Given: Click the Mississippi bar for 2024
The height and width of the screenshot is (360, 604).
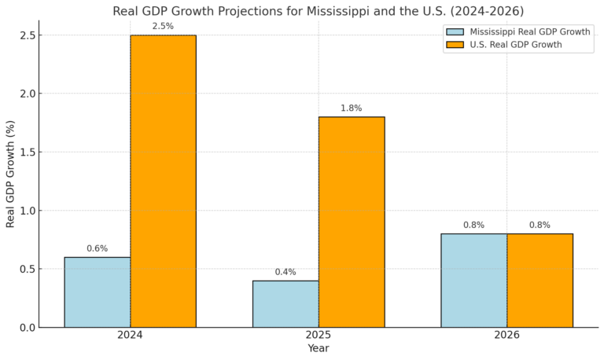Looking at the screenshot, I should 97,292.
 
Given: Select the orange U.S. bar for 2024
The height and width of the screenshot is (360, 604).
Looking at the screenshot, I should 163,181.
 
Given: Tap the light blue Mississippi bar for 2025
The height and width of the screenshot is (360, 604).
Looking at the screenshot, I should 285,303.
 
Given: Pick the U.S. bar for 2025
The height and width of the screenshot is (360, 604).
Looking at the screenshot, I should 352,222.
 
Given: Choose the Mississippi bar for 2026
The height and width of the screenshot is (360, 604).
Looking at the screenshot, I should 473,280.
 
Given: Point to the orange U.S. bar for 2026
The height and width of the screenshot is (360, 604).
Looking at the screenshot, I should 540,280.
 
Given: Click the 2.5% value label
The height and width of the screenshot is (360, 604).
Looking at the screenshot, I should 163,27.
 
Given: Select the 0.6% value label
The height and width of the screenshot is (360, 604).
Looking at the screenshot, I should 97,248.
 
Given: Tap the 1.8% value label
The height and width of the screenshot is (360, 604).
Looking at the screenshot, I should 352,108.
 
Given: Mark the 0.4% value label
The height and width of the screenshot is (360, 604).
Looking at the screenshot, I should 285,272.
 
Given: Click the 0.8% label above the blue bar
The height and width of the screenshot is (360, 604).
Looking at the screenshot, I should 473,225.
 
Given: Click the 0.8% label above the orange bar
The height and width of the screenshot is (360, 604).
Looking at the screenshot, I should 540,225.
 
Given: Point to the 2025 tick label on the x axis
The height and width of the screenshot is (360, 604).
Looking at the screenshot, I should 319,335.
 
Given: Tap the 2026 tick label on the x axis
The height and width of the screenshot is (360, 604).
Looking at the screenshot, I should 506,335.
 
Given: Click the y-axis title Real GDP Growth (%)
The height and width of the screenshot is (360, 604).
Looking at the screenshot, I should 10,174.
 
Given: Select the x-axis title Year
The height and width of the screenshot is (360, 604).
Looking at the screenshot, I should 319,348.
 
